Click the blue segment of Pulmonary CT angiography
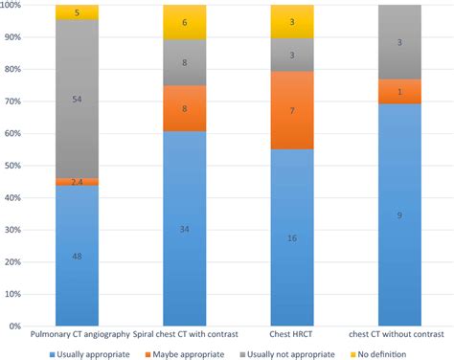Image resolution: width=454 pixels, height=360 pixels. click(x=77, y=256)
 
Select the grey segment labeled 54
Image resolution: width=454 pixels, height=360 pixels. click(x=77, y=99)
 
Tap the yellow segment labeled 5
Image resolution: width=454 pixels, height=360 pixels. click(x=77, y=12)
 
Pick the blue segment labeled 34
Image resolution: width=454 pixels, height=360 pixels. click(x=185, y=228)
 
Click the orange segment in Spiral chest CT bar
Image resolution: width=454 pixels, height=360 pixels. click(x=185, y=108)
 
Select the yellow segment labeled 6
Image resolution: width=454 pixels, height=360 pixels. click(x=185, y=22)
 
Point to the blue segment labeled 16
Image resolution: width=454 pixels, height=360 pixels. click(x=292, y=236)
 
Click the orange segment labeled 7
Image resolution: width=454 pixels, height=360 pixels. click(x=292, y=110)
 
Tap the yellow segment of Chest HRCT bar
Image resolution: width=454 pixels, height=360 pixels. click(x=292, y=21)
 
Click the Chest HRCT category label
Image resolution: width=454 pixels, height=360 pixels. click(x=292, y=336)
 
